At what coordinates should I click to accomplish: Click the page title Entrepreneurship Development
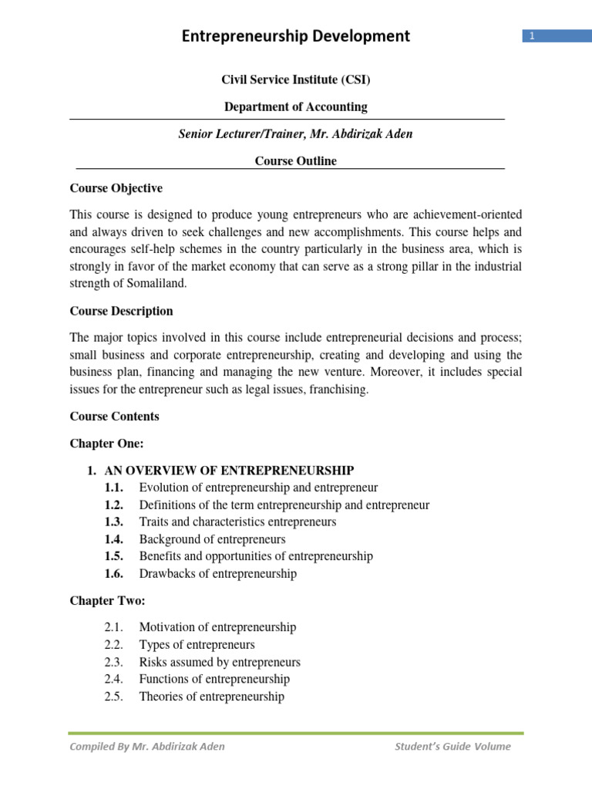point(295,36)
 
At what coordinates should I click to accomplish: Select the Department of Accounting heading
point(295,107)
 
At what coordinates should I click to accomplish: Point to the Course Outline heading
point(295,161)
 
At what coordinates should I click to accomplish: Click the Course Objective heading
point(116,188)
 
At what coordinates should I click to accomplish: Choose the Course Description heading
point(121,311)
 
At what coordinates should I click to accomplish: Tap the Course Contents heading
point(114,417)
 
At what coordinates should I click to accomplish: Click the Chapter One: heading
point(106,444)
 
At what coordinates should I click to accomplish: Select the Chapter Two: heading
point(107,601)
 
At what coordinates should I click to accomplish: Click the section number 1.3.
point(114,522)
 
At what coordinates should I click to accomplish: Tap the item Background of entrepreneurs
point(212,539)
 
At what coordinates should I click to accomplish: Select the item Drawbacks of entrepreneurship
point(217,574)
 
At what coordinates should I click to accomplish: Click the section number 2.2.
point(114,645)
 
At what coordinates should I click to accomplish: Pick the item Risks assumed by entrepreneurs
point(220,662)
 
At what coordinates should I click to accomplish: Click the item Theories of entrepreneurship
point(211,697)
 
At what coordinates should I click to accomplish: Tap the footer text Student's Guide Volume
point(452,746)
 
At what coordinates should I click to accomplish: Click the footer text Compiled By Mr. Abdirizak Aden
point(147,746)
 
